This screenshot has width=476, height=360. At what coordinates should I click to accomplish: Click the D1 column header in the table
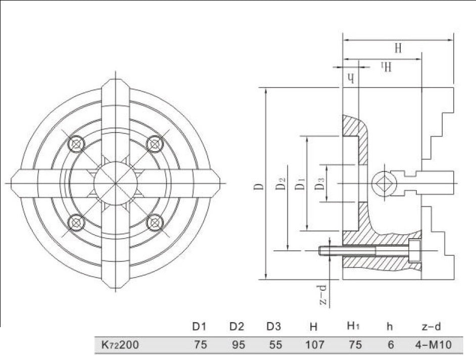click(200, 327)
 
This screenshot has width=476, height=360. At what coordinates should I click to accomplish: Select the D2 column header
click(237, 327)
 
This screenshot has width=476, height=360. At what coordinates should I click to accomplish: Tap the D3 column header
click(274, 327)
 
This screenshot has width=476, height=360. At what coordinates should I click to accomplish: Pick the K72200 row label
click(117, 345)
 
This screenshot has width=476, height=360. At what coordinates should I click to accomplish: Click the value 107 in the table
click(314, 345)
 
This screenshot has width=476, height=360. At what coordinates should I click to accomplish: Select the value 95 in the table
click(237, 345)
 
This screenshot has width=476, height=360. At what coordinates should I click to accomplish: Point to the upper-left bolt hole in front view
click(76, 144)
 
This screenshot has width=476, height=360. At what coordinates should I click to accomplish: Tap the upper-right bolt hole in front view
click(153, 144)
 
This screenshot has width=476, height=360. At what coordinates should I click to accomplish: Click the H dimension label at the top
click(398, 49)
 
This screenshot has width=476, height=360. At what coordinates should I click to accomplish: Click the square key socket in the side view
click(380, 183)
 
